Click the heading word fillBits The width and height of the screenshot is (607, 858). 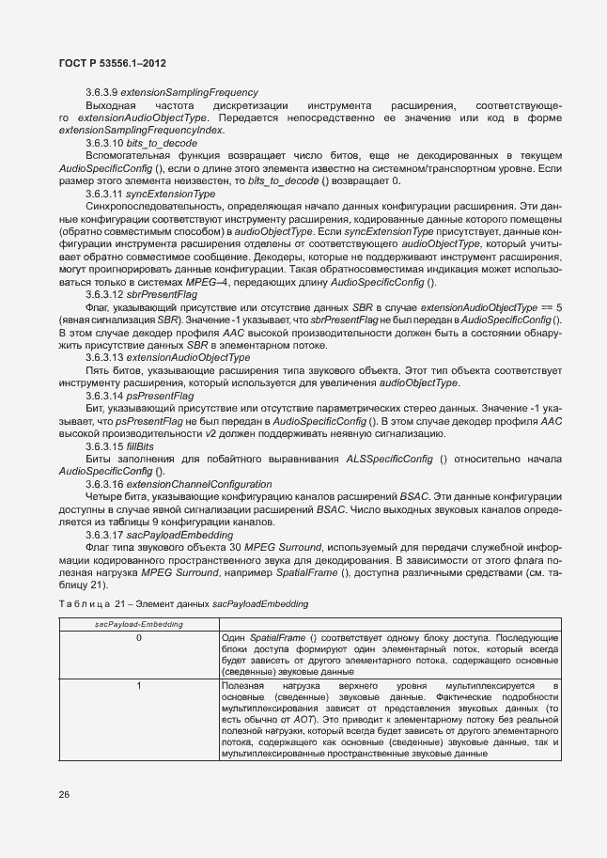click(x=154, y=445)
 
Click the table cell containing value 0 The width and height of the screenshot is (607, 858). click(x=138, y=638)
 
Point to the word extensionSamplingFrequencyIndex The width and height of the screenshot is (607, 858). click(x=142, y=130)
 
